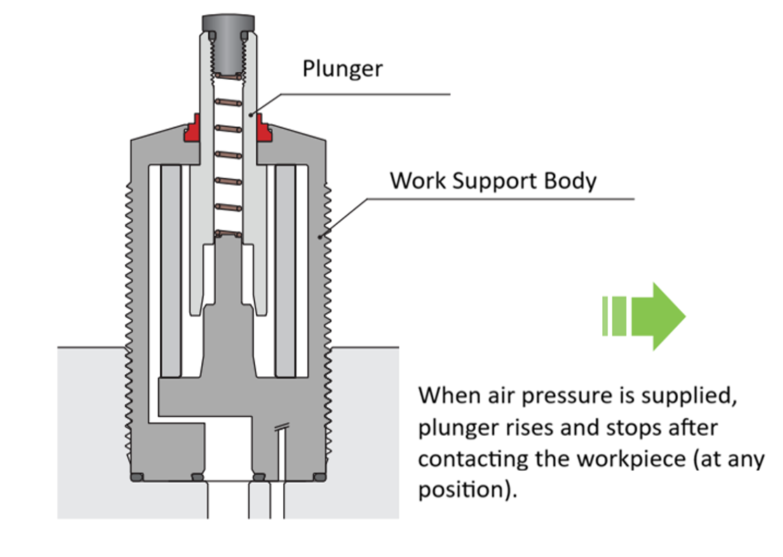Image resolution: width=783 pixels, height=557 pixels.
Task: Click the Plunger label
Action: pyautogui.click(x=343, y=69)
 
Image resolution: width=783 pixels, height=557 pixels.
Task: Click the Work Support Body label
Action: pyautogui.click(x=493, y=181)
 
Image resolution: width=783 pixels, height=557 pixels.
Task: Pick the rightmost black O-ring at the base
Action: pyautogui.click(x=319, y=477)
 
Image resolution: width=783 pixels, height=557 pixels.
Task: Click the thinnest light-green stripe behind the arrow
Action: pyautogui.click(x=605, y=316)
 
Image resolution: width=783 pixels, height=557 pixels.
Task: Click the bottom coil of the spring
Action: pyautogui.click(x=228, y=233)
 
